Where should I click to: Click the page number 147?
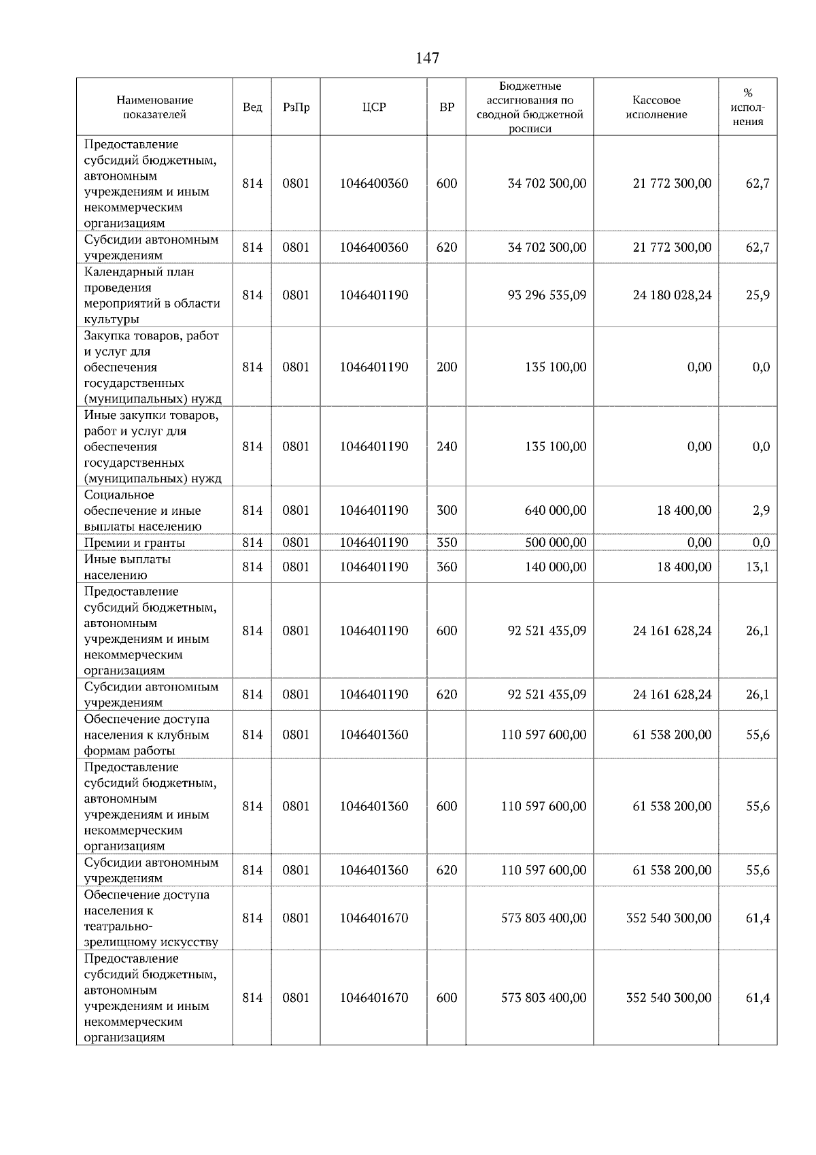pyautogui.click(x=427, y=58)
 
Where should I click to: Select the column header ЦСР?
pyautogui.click(x=374, y=107)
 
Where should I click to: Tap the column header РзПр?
pyautogui.click(x=296, y=107)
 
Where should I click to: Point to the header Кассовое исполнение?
pyautogui.click(x=656, y=107)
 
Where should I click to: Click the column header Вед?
pyautogui.click(x=252, y=107)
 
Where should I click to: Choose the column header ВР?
pyautogui.click(x=447, y=107)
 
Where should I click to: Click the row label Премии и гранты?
pyautogui.click(x=135, y=543)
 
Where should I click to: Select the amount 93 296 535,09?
pyautogui.click(x=547, y=295)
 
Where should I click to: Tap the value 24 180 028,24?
pyautogui.click(x=672, y=295)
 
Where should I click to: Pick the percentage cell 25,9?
pyautogui.click(x=758, y=295)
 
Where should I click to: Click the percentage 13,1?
pyautogui.click(x=758, y=567)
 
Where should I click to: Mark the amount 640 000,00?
pyautogui.click(x=555, y=510)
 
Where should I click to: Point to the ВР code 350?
pyautogui.click(x=447, y=543)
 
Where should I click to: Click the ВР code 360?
pyautogui.click(x=447, y=567)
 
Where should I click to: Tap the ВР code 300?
pyautogui.click(x=447, y=510)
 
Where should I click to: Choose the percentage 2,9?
pyautogui.click(x=761, y=510)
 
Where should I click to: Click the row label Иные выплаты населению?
pyautogui.click(x=127, y=567)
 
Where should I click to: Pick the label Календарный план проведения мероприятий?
pyautogui.click(x=152, y=295)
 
